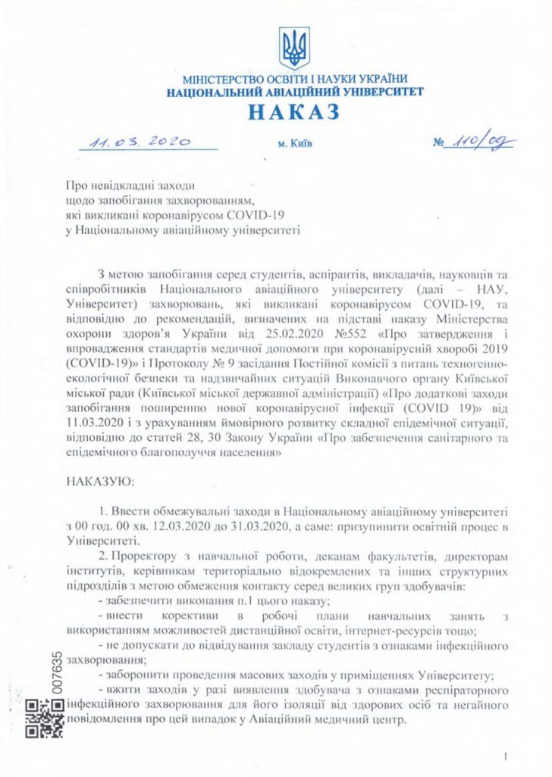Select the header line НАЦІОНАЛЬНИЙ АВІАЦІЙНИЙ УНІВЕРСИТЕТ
[295, 92]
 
